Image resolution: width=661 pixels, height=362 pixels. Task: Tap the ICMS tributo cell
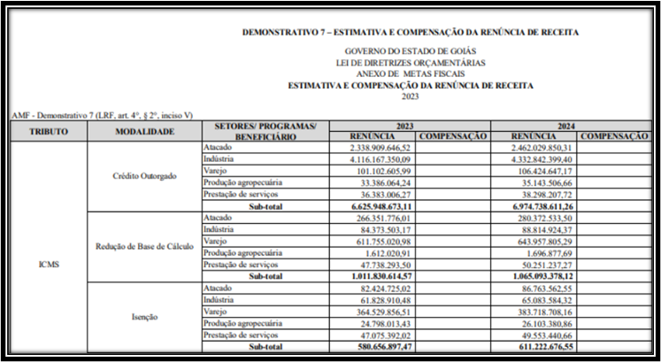click(48, 263)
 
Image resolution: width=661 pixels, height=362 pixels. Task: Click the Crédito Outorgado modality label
click(144, 175)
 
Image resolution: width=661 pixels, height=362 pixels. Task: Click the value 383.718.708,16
click(539, 311)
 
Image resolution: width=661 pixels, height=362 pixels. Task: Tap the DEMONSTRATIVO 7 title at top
click(411, 32)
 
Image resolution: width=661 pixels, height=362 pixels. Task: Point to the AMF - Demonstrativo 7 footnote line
click(102, 115)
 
